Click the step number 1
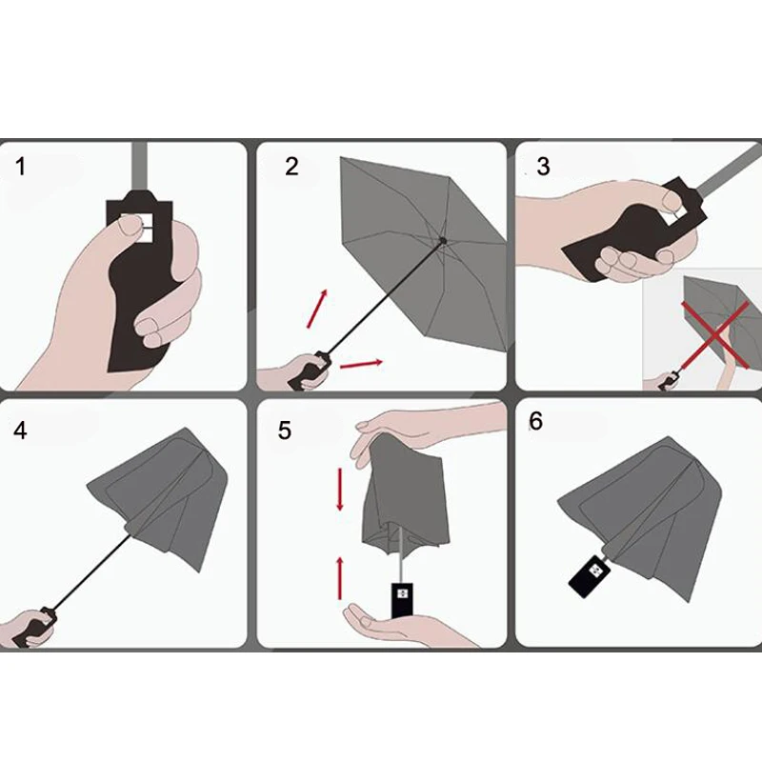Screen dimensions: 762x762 tap(20, 166)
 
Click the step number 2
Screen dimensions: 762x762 tap(291, 166)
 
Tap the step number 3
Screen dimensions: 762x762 tap(543, 166)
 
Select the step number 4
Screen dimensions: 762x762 tap(20, 431)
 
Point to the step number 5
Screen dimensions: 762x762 tap(284, 431)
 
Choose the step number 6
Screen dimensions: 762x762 tap(535, 421)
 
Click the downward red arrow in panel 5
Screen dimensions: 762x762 tap(340, 490)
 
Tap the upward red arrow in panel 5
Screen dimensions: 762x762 tap(340, 578)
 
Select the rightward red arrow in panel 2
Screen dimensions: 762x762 tap(361, 364)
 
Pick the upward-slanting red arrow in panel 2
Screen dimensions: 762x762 tap(317, 308)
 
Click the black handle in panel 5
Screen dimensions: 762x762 tap(402, 600)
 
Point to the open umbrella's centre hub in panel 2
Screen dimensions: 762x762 tap(443, 240)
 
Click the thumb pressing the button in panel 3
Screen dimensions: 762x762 tap(675, 200)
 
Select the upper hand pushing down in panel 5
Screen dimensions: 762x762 tap(418, 432)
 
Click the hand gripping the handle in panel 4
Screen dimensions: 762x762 tap(27, 630)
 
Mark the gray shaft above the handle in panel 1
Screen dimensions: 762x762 tap(140, 166)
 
